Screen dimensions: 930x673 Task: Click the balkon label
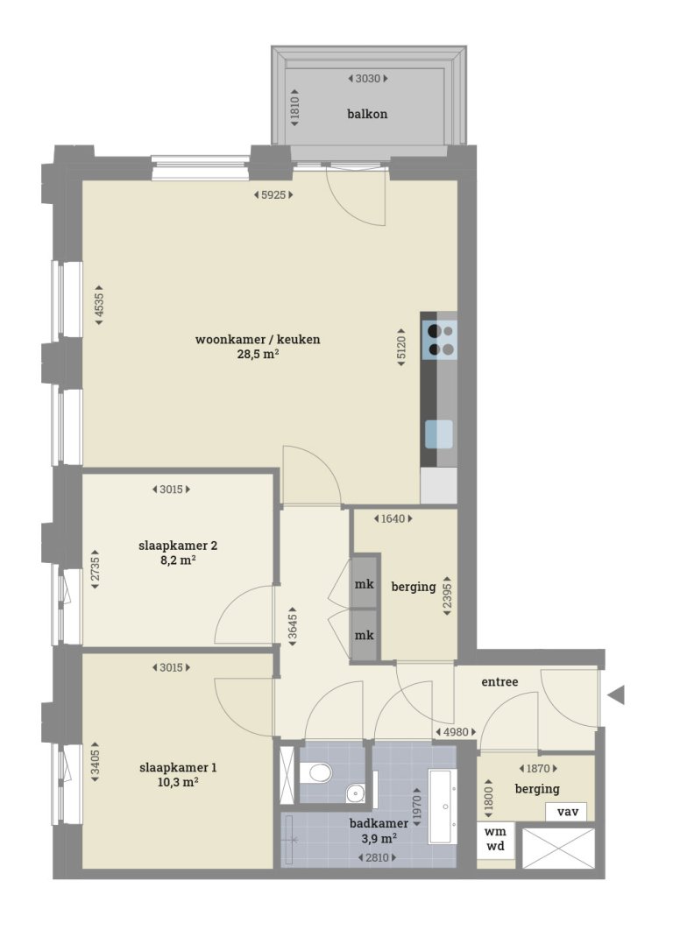(x=367, y=114)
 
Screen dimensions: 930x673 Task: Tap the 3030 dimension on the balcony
(x=367, y=79)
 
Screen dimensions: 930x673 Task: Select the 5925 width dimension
(x=272, y=194)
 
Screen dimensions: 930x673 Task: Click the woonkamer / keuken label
(x=258, y=340)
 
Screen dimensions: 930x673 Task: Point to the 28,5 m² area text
(x=258, y=355)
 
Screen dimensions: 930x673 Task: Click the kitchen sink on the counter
(x=439, y=433)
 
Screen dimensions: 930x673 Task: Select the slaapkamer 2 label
(x=178, y=545)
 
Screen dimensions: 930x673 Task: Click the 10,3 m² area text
(x=178, y=783)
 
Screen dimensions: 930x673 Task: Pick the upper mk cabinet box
(x=365, y=585)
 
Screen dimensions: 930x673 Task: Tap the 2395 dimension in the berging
(x=448, y=596)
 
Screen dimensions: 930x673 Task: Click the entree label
(x=500, y=681)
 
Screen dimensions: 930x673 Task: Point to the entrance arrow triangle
(x=616, y=696)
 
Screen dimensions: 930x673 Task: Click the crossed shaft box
(x=558, y=848)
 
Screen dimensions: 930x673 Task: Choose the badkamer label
(x=379, y=823)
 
